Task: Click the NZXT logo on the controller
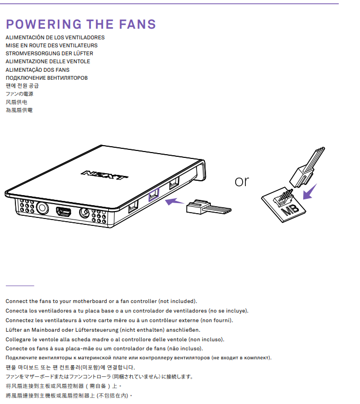pyautogui.click(x=104, y=175)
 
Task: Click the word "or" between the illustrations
pyautogui.click(x=242, y=181)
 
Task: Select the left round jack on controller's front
pyautogui.click(x=41, y=207)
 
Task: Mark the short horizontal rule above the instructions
pyautogui.click(x=20, y=286)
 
